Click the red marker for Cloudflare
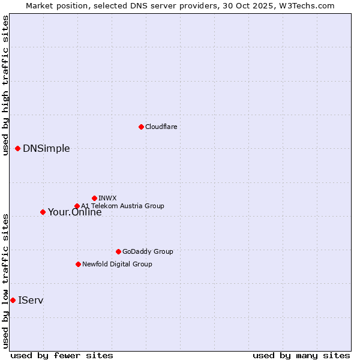pyautogui.click(x=141, y=127)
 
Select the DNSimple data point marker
pyautogui.click(x=17, y=148)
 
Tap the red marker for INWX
pyautogui.click(x=94, y=198)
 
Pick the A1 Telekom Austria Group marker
pyautogui.click(x=77, y=206)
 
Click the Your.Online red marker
pyautogui.click(x=43, y=212)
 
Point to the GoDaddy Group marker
pyautogui.click(x=118, y=251)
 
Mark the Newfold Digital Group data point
pyautogui.click(x=78, y=264)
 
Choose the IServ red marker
pyautogui.click(x=13, y=300)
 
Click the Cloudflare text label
pyautogui.click(x=161, y=127)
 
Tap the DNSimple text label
pyautogui.click(x=46, y=149)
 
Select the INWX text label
pyautogui.click(x=107, y=198)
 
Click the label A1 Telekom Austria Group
pyautogui.click(x=122, y=206)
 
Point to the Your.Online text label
pyautogui.click(x=74, y=212)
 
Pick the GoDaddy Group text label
pyautogui.click(x=148, y=251)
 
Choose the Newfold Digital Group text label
pyautogui.click(x=117, y=264)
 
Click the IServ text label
pyautogui.click(x=31, y=300)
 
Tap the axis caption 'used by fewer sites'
pyautogui.click(x=62, y=356)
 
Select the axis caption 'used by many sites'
pyautogui.click(x=301, y=356)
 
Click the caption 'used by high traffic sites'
pyautogui.click(x=5, y=85)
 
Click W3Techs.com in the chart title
pyautogui.click(x=305, y=5)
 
